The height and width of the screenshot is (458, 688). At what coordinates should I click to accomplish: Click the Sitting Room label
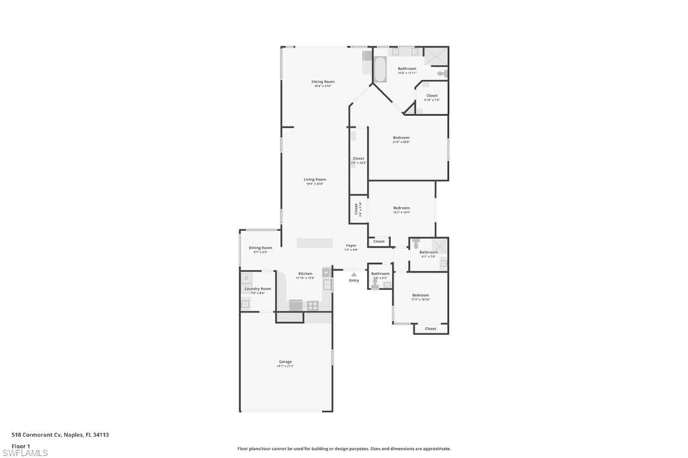323,82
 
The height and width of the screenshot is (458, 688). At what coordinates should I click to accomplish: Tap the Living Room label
314,179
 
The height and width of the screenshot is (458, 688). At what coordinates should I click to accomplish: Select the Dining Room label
260,248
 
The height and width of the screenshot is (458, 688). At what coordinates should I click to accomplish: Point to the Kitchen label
306,274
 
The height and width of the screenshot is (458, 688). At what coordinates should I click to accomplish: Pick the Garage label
286,362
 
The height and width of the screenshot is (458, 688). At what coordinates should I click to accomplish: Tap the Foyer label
351,245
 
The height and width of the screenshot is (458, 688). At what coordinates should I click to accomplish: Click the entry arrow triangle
354,274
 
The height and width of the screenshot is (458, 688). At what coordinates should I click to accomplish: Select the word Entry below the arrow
354,280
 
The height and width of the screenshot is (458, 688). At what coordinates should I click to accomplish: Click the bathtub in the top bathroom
380,70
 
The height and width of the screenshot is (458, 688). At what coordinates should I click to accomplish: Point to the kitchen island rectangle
316,242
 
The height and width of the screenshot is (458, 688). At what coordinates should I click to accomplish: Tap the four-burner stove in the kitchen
313,305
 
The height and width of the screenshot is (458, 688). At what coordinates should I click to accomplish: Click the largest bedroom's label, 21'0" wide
401,138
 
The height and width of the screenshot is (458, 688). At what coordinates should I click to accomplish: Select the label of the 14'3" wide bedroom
401,208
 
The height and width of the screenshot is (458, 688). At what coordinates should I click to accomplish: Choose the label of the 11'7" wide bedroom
421,295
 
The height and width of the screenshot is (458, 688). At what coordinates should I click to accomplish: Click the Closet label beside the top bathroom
431,95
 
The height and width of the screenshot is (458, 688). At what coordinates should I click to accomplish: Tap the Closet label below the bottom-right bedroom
431,328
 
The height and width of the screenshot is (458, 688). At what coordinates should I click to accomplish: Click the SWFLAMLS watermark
26,453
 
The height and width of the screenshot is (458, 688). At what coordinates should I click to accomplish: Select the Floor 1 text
20,445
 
